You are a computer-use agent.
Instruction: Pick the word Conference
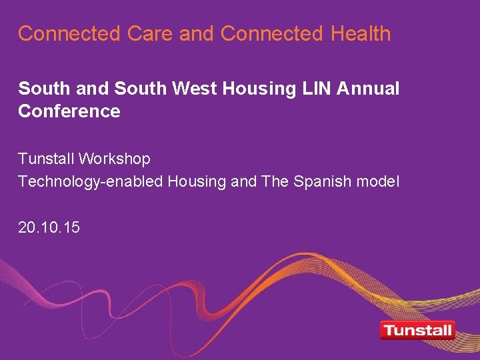pyautogui.click(x=69, y=111)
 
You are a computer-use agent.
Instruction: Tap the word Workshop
pyautogui.click(x=115, y=159)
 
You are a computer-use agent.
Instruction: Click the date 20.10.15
pyautogui.click(x=49, y=227)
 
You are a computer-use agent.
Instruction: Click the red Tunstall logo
pyautogui.click(x=417, y=330)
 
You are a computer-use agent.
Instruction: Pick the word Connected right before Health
pyautogui.click(x=271, y=33)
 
